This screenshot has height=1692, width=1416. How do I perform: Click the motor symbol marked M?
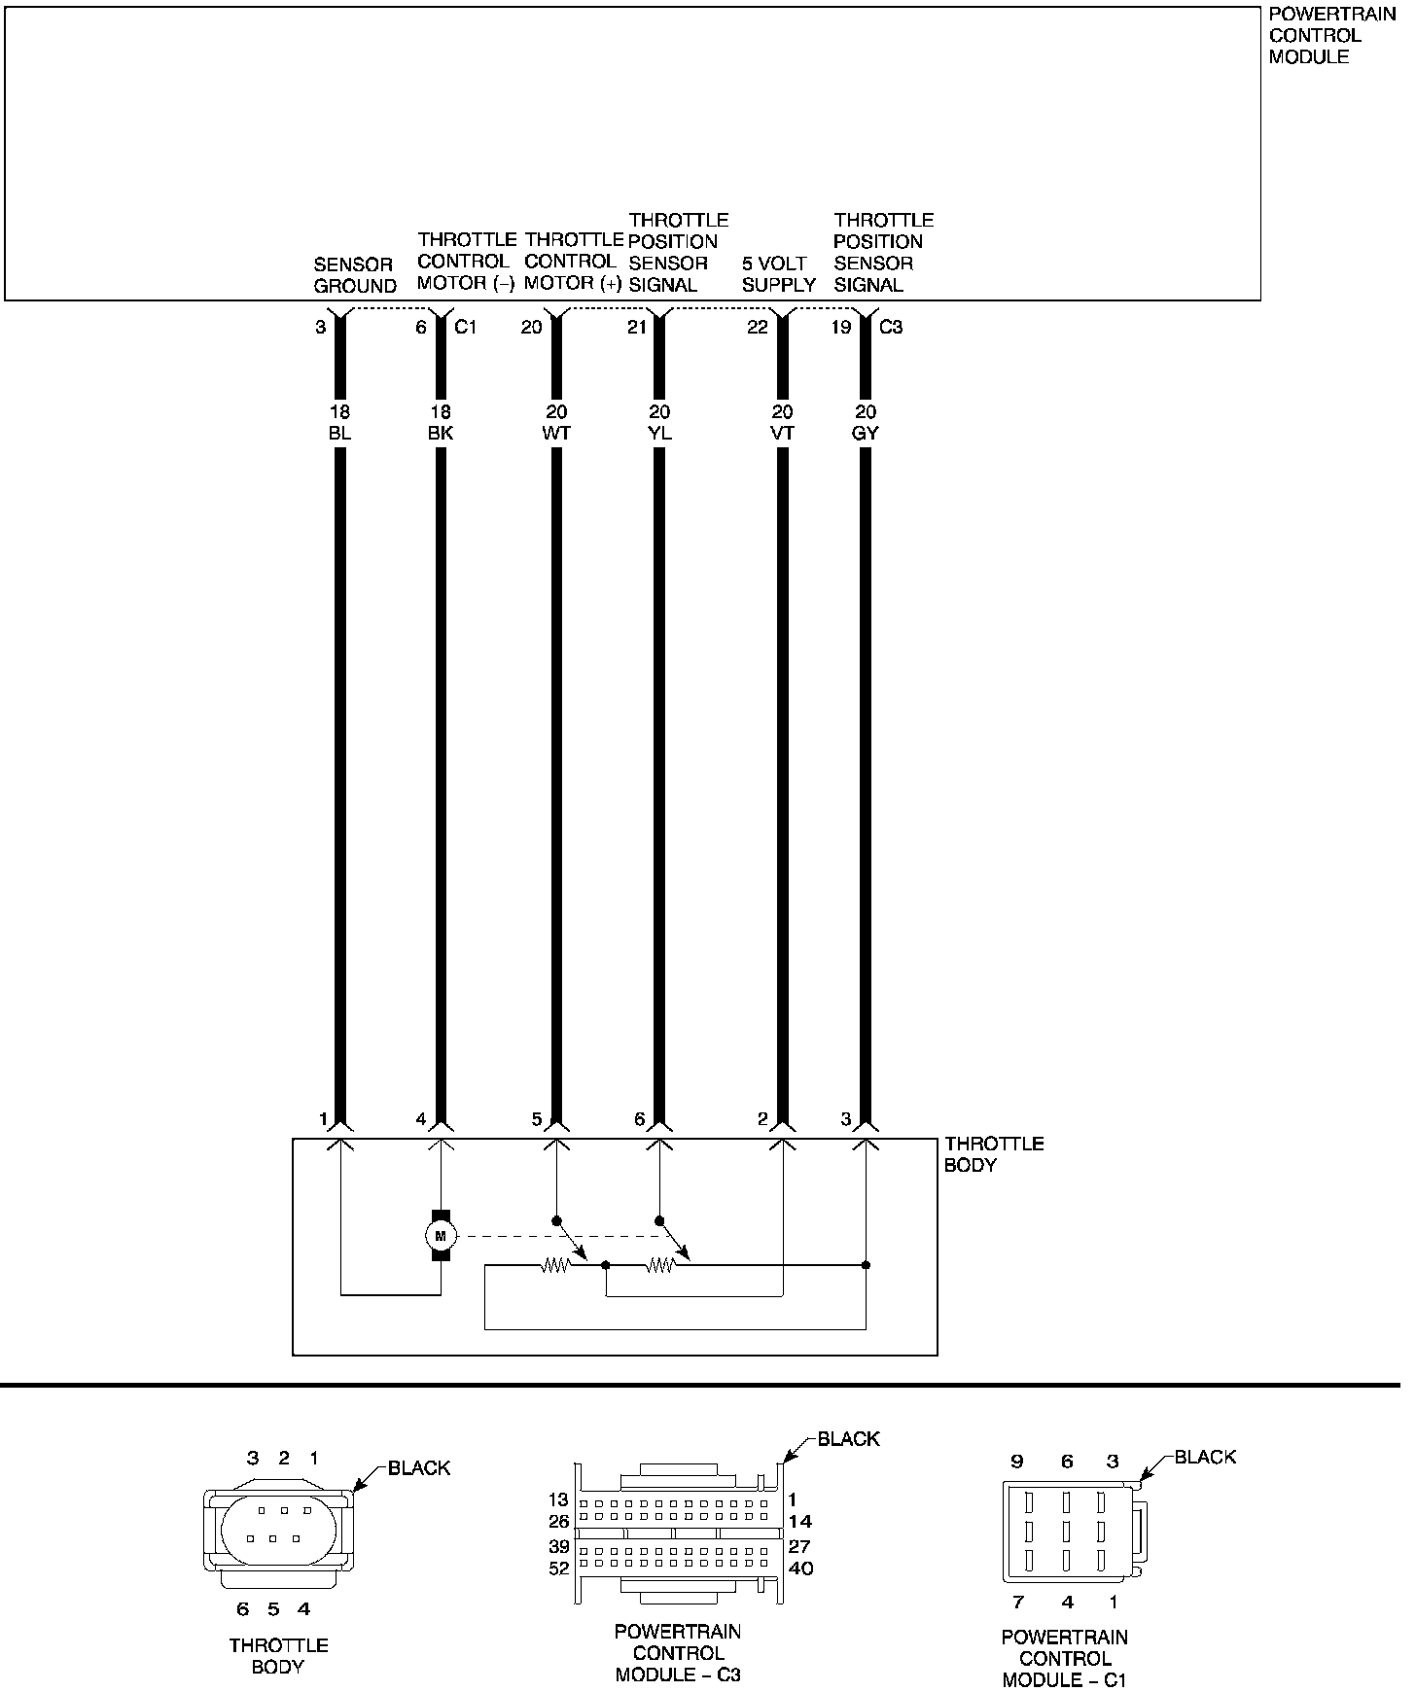pos(441,1235)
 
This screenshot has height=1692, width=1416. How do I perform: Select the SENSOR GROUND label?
pos(355,275)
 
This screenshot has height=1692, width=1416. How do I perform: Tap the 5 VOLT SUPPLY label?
pos(778,274)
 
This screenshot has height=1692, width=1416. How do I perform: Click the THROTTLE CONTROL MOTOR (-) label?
pos(466,262)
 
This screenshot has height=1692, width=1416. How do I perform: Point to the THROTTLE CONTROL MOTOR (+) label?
pos(574,262)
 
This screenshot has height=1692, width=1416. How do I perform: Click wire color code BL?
pos(339,434)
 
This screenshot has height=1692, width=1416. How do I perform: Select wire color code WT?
pos(556,434)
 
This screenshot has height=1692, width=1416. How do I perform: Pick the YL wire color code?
pos(659,434)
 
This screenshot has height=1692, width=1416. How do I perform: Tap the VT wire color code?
pos(782,434)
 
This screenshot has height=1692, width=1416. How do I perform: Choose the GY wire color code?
pos(865,434)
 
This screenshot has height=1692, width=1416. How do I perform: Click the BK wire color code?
pos(441,434)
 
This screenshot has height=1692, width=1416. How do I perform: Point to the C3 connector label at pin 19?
pos(891,328)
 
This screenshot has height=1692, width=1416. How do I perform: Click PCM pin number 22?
pos(758,328)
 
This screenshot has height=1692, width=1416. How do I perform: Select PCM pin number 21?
pos(637,328)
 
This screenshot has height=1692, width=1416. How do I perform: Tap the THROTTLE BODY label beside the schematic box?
pos(994,1154)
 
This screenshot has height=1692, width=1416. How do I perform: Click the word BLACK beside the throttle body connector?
pos(419,1468)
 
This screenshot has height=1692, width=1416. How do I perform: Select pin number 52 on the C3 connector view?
pos(558,1569)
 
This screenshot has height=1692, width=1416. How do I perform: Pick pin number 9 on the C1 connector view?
pos(1017,1462)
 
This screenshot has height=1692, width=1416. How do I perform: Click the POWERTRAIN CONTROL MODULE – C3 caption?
pos(678,1653)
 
